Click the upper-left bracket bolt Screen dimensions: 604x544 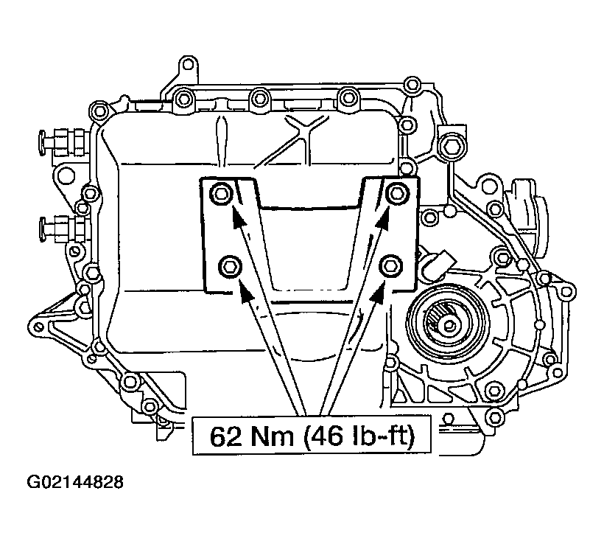(x=221, y=195)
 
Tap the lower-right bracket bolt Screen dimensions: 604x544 (x=391, y=265)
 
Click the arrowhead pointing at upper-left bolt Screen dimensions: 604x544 (x=236, y=212)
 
